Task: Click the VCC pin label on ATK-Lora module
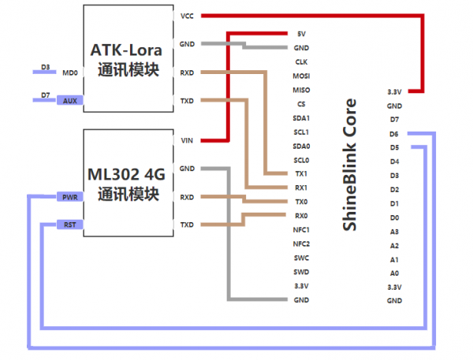coord(187,15)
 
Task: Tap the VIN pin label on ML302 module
coord(187,140)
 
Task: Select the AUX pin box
coord(69,101)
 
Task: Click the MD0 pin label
coord(70,72)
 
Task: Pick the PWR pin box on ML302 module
coord(69,197)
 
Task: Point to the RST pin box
coord(69,225)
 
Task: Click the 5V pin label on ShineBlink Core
coord(301,34)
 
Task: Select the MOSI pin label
coord(301,76)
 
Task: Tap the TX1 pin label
coord(301,173)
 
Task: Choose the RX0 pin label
coord(301,216)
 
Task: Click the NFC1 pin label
coord(301,229)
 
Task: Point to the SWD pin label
coord(301,272)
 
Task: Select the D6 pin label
coord(394,134)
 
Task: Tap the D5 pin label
coord(394,147)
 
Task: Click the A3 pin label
coord(394,231)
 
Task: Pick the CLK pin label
coord(301,61)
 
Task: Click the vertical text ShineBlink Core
coord(350,165)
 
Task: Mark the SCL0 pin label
coord(301,160)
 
